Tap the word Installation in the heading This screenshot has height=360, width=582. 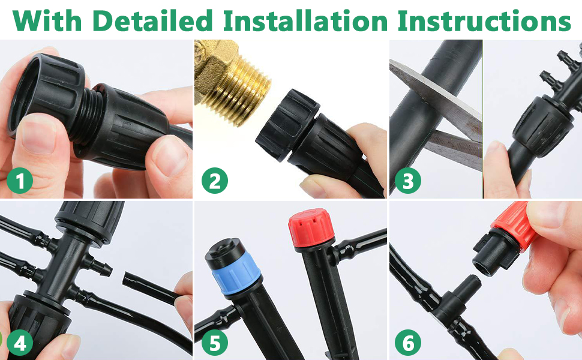pos(305,20)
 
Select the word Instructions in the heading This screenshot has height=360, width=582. pos(484,20)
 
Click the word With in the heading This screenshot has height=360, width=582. pos(47,20)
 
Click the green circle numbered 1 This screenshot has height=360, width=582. pos(20,181)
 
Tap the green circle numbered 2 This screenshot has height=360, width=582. pos(215,181)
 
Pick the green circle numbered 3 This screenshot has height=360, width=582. pos(408,181)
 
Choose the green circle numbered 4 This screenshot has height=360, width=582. pos(20,343)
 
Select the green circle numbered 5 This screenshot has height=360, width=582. pos(215,343)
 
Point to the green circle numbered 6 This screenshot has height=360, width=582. pos(408,343)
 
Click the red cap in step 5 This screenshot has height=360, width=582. pos(311,228)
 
